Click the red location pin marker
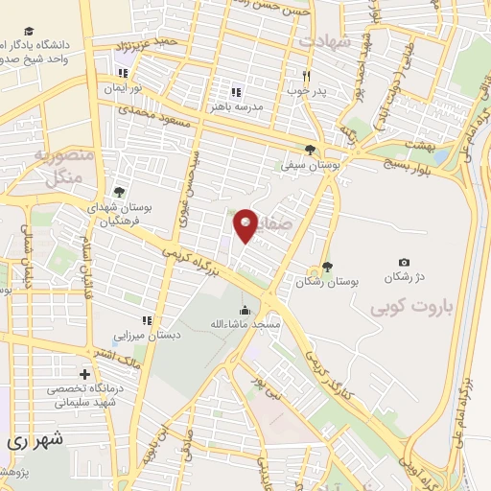coord(245,225)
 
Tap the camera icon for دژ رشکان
coord(404,262)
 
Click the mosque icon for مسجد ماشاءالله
coord(245,310)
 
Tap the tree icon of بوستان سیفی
coord(309,149)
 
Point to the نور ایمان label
coord(123,87)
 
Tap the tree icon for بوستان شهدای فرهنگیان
coord(118,192)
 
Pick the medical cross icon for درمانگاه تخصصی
coord(85,374)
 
